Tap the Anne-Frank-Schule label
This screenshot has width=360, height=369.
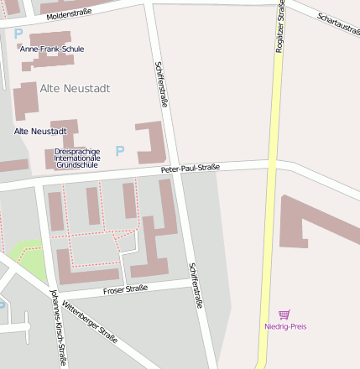[52, 49]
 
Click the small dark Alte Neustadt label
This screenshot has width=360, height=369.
[40, 132]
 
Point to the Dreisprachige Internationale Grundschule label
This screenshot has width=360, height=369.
[76, 159]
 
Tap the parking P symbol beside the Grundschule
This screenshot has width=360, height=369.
[120, 151]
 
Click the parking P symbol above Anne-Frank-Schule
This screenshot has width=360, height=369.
[18, 34]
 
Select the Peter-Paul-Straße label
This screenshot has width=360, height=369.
[190, 169]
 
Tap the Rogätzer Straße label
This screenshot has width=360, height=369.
[279, 29]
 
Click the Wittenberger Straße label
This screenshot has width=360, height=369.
[90, 323]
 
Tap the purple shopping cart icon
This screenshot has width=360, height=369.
[284, 314]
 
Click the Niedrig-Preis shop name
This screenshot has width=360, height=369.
[285, 325]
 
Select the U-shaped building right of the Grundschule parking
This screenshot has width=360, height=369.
[153, 143]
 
